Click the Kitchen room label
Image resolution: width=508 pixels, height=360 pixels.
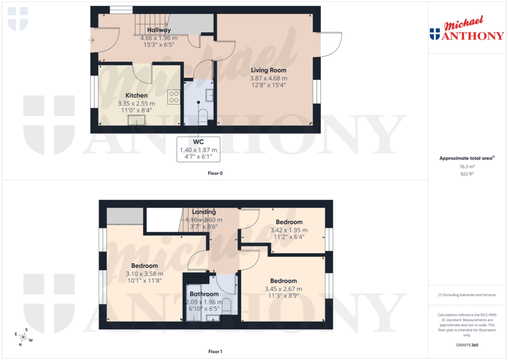pyautogui.click(x=136, y=95)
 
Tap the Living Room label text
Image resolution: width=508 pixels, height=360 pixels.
pyautogui.click(x=268, y=70)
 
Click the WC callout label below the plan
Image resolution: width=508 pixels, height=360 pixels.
pyautogui.click(x=198, y=142)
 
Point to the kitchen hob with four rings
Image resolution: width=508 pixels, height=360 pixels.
pyautogui.click(x=174, y=96)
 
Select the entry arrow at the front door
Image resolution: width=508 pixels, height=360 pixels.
pyautogui.click(x=92, y=40)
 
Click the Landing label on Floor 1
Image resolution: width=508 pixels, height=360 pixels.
pyautogui.click(x=204, y=212)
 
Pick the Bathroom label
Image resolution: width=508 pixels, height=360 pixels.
pyautogui.click(x=204, y=294)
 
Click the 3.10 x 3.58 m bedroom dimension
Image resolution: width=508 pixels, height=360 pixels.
pyautogui.click(x=144, y=274)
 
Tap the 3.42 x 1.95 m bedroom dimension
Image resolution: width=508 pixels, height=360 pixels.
pyautogui.click(x=289, y=230)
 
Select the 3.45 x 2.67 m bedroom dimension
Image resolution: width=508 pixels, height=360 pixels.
pyautogui.click(x=283, y=289)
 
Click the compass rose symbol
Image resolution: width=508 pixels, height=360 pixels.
pyautogui.click(x=23, y=337)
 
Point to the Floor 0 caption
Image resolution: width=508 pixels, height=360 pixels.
pyautogui.click(x=215, y=173)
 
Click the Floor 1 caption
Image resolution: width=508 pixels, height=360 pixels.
pyautogui.click(x=215, y=352)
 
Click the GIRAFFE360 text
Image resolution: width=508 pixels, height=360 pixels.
pyautogui.click(x=467, y=345)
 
